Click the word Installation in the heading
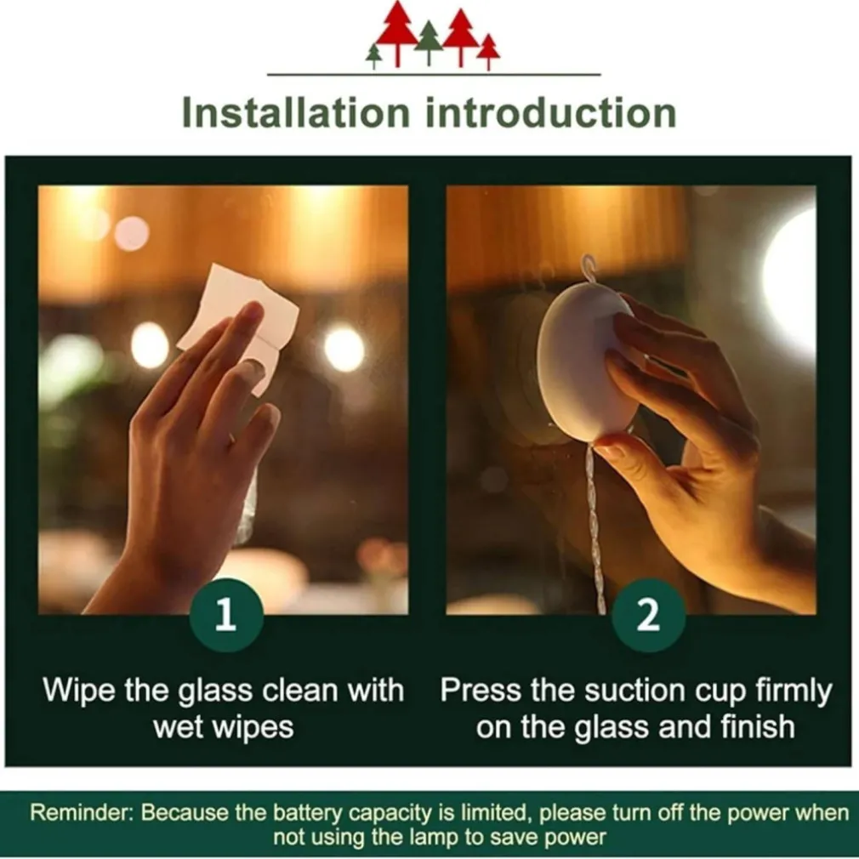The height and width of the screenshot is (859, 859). pos(296,112)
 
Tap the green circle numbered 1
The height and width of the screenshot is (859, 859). pos(226,615)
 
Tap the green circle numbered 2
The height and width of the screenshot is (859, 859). pos(649,615)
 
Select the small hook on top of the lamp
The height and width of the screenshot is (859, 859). pos(589,267)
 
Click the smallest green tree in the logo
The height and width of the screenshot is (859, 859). pos(374,56)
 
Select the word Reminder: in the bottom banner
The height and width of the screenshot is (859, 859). pos(82,812)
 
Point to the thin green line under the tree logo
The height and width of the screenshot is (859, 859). pos(434,74)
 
